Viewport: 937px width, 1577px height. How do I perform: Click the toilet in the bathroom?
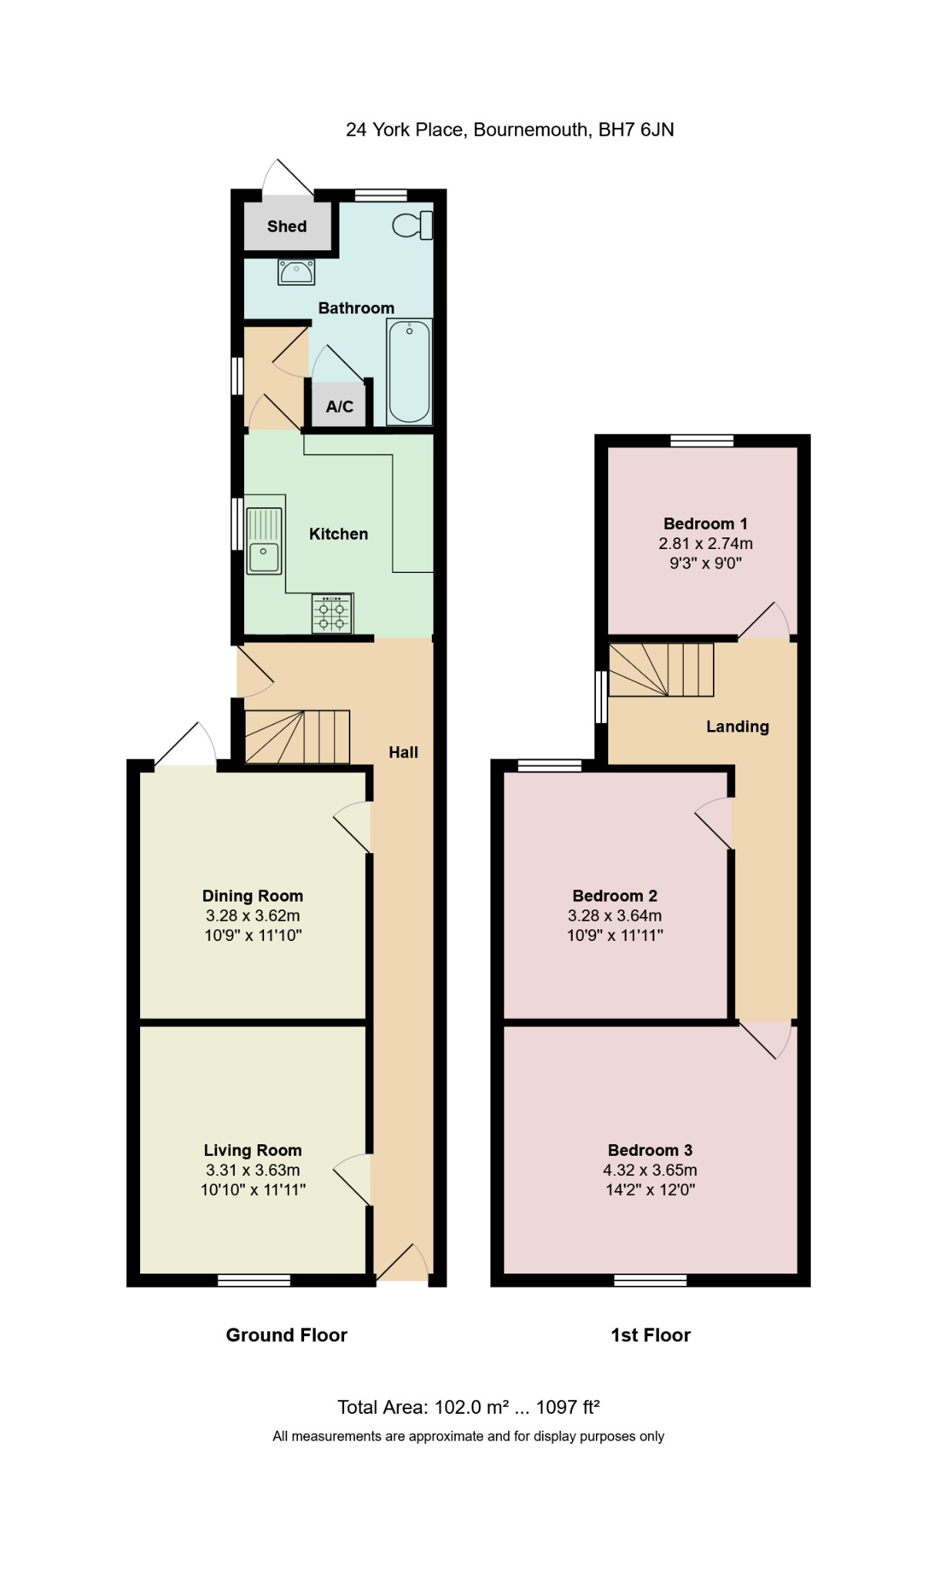click(413, 226)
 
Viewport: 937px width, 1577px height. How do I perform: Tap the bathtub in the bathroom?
click(410, 372)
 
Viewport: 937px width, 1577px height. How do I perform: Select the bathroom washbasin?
click(296, 272)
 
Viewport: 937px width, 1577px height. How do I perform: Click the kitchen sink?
click(264, 541)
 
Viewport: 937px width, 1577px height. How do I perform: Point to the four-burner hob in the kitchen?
click(333, 614)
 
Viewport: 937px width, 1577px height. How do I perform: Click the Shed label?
click(287, 226)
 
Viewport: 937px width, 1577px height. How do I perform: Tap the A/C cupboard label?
click(340, 407)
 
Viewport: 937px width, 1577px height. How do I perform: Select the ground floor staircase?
click(297, 737)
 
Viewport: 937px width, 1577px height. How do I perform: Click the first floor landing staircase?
click(661, 670)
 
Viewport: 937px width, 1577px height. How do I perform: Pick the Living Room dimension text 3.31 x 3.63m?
click(253, 1170)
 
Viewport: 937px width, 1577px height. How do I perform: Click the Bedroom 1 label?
click(706, 524)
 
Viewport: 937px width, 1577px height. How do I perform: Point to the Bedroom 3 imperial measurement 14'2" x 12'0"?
click(651, 1190)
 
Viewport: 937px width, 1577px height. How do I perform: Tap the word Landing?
click(738, 727)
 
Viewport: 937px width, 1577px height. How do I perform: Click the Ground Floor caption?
click(286, 1335)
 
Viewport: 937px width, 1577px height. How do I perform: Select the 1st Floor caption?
click(651, 1335)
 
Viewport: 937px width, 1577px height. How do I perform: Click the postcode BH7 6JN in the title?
click(636, 129)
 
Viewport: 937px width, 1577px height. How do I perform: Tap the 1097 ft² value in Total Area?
click(568, 1408)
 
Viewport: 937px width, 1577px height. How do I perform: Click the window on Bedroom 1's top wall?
click(701, 440)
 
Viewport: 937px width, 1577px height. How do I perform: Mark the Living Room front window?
click(254, 1281)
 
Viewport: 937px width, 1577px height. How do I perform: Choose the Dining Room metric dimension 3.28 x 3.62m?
click(253, 916)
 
